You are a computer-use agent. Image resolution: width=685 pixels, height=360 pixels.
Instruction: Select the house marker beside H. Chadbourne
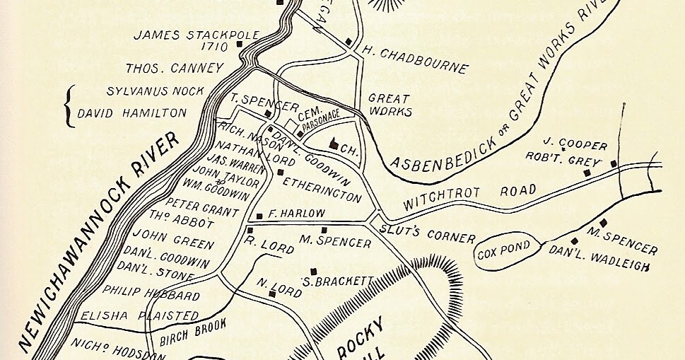(349, 42)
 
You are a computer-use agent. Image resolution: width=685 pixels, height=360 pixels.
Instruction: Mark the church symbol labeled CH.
(334, 144)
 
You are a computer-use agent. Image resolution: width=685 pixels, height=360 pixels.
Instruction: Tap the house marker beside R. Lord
(250, 230)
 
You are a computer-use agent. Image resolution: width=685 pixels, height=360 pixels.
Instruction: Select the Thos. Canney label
(174, 69)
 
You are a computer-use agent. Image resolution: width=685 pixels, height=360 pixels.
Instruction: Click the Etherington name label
(322, 188)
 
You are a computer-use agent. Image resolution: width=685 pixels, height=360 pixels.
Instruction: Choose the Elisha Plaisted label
(130, 315)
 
